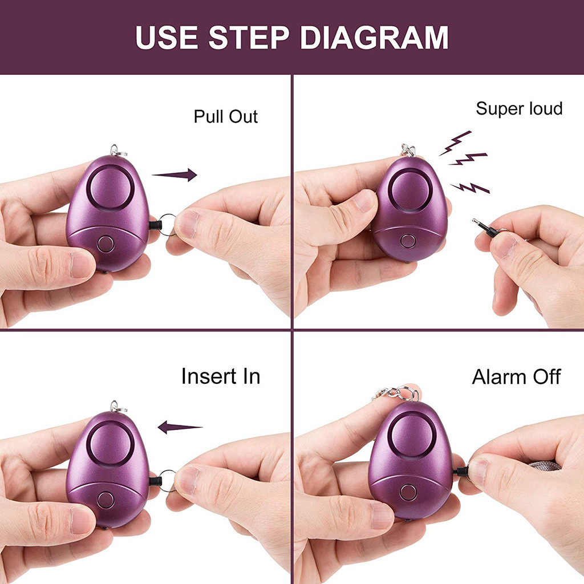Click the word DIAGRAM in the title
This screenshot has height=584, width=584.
(374, 38)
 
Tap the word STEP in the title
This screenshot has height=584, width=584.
(249, 38)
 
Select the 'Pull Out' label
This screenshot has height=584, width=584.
(226, 116)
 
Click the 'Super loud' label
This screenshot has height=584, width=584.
(519, 109)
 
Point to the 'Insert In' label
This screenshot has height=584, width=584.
(221, 376)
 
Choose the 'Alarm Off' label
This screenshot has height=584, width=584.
(516, 377)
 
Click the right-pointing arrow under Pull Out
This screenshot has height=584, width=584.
(175, 175)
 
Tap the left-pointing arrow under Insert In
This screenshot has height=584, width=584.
(180, 427)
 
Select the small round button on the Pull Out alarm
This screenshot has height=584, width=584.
(106, 244)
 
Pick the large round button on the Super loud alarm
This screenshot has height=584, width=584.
(409, 190)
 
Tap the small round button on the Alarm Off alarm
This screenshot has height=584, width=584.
(408, 492)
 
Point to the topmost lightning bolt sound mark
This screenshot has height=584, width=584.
(456, 143)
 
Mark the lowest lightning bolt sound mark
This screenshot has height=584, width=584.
(470, 188)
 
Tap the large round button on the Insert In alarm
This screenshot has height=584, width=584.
(111, 444)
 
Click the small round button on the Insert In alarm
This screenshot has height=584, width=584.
(106, 500)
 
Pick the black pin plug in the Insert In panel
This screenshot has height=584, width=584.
(156, 481)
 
